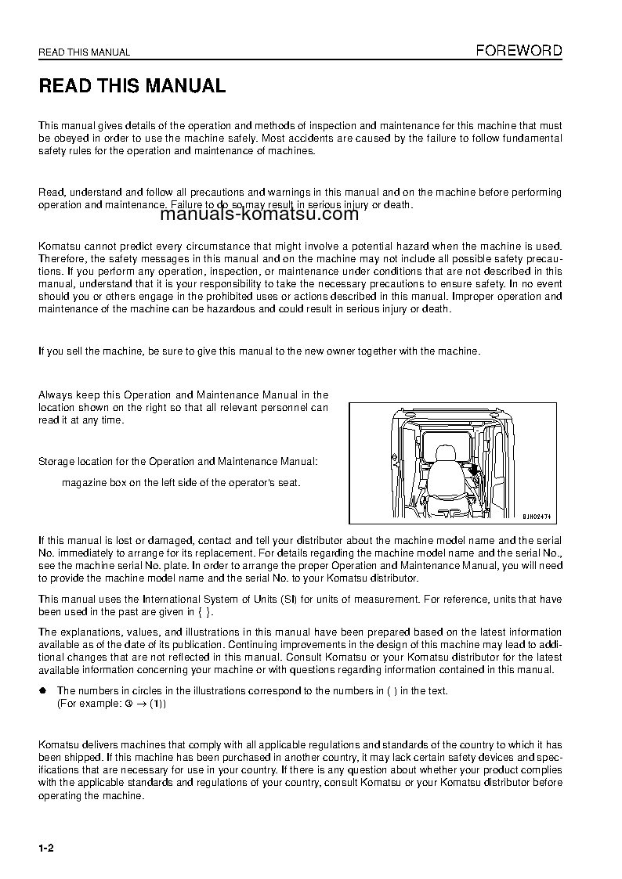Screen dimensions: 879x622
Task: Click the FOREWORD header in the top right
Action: (x=519, y=51)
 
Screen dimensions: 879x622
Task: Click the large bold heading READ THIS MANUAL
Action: (x=132, y=86)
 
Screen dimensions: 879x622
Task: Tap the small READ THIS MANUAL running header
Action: (x=85, y=53)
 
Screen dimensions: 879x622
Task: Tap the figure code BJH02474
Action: (x=537, y=517)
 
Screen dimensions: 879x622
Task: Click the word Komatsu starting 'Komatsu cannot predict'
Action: (x=57, y=247)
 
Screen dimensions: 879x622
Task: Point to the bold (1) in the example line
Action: (x=157, y=704)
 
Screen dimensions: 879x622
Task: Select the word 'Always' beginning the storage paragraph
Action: (x=54, y=395)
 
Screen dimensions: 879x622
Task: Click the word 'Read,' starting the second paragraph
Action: (x=52, y=193)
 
